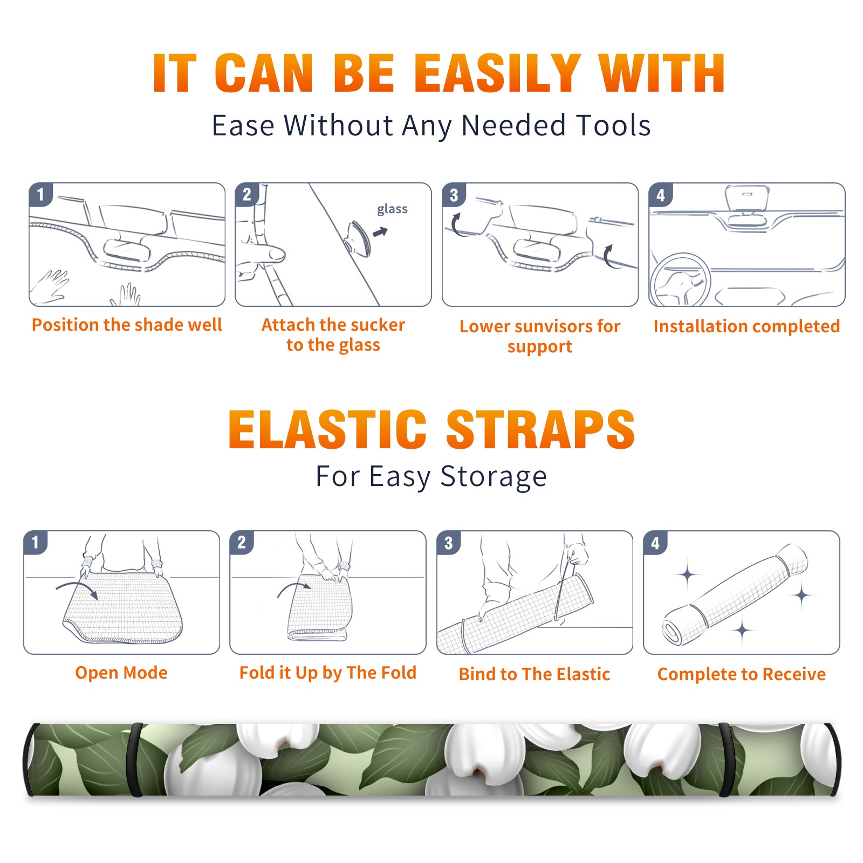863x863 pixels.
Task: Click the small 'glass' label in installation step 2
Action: (x=392, y=209)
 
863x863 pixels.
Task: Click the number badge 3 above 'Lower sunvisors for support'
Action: (x=454, y=195)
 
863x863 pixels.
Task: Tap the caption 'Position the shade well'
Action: (x=127, y=325)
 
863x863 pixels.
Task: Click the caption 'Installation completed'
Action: (x=746, y=326)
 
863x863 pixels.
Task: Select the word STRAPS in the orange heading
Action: (x=541, y=429)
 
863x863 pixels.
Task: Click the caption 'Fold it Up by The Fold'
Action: (x=328, y=673)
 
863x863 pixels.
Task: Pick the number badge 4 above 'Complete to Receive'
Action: (x=655, y=543)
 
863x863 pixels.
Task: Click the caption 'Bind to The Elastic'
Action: (x=535, y=674)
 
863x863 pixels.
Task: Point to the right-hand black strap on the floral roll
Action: (x=725, y=759)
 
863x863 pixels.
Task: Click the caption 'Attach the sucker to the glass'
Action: (x=333, y=334)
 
